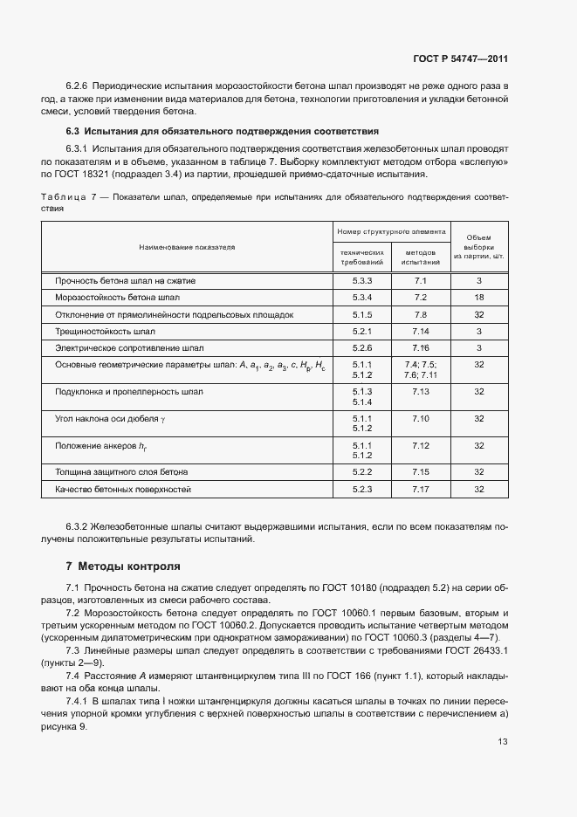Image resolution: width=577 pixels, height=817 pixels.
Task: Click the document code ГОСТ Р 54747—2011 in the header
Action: pos(460,59)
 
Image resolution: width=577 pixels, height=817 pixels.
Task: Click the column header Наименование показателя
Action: pos(187,247)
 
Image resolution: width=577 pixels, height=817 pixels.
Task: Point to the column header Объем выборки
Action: pos(478,247)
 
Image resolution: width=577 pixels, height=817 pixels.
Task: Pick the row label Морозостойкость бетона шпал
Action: pos(106,298)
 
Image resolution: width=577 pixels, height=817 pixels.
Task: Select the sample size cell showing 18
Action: pos(478,298)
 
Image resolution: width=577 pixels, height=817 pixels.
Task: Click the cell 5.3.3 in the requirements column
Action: pos(362,281)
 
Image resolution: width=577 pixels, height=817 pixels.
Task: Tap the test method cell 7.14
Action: pos(421,332)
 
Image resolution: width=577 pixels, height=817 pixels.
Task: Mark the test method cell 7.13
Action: pos(421,392)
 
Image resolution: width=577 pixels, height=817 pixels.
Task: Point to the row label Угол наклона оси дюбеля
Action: pos(108,419)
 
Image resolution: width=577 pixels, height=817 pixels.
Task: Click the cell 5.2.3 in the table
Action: pos(362,490)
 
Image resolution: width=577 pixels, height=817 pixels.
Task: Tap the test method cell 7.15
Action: pos(421,472)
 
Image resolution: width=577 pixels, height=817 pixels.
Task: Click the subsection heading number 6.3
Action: pos(73,131)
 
